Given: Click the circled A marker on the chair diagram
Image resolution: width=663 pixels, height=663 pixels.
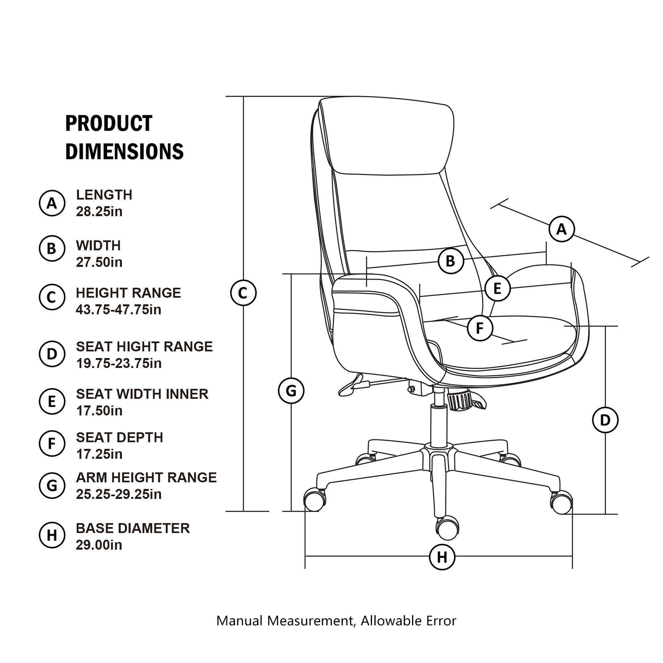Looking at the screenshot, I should pos(562,229).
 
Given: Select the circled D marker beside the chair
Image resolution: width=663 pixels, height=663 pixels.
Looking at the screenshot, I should pos(605,420).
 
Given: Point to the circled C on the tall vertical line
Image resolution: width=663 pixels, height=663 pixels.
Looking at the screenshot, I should pos(243,293).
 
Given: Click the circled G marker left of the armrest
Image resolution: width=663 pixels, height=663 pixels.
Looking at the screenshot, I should pos(291,391).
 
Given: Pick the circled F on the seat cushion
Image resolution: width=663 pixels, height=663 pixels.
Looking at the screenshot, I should pos(480,328).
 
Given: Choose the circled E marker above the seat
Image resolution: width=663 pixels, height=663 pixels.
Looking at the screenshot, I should pos(497,288).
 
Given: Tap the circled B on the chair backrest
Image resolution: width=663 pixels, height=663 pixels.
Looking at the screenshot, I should pos(451,261).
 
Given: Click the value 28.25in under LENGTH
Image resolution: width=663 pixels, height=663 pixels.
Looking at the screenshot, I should pos(99,212).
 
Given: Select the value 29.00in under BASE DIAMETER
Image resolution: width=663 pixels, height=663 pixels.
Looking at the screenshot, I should pos(99,545).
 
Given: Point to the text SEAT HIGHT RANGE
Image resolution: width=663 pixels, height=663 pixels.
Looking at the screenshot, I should pos(144,347).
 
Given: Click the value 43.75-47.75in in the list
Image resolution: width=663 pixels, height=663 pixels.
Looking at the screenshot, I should pos(118,310).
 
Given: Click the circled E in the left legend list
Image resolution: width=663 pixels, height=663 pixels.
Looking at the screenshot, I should pos(52,401).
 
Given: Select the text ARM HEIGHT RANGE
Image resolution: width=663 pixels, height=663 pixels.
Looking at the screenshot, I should pos(146,477).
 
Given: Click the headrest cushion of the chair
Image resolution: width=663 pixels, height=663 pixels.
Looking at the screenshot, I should pos(388,137).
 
